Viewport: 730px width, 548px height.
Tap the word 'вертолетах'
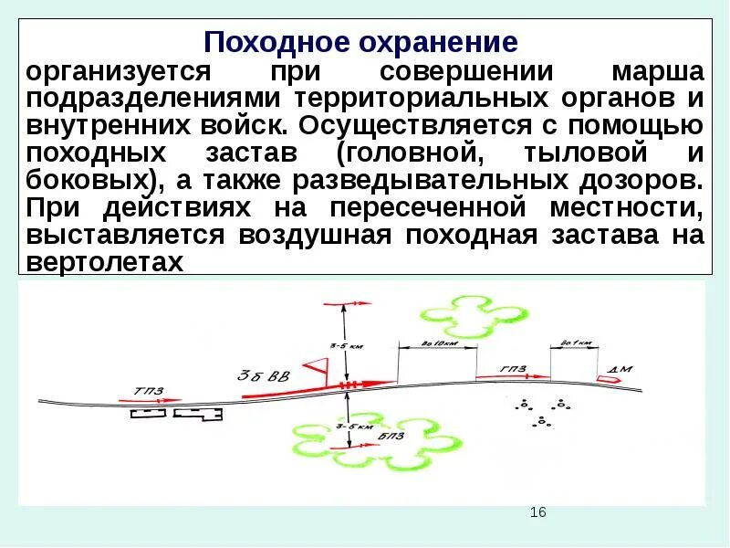(106, 262)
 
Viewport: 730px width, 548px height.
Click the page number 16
(537, 512)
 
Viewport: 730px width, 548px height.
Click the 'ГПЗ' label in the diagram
(514, 368)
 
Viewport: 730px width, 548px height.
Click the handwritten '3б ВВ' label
(264, 375)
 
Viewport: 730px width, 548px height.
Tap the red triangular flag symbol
(318, 367)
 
